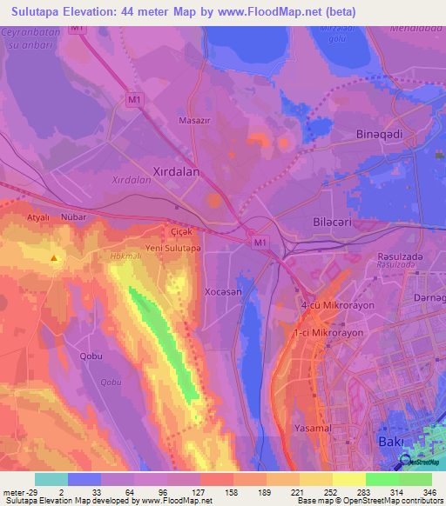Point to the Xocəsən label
click(223, 293)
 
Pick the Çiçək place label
click(179, 232)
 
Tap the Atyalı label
click(37, 217)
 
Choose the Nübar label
click(71, 217)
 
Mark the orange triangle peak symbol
click(55, 258)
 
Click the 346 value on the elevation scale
click(428, 491)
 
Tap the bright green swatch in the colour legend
click(382, 479)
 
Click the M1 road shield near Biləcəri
click(260, 239)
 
